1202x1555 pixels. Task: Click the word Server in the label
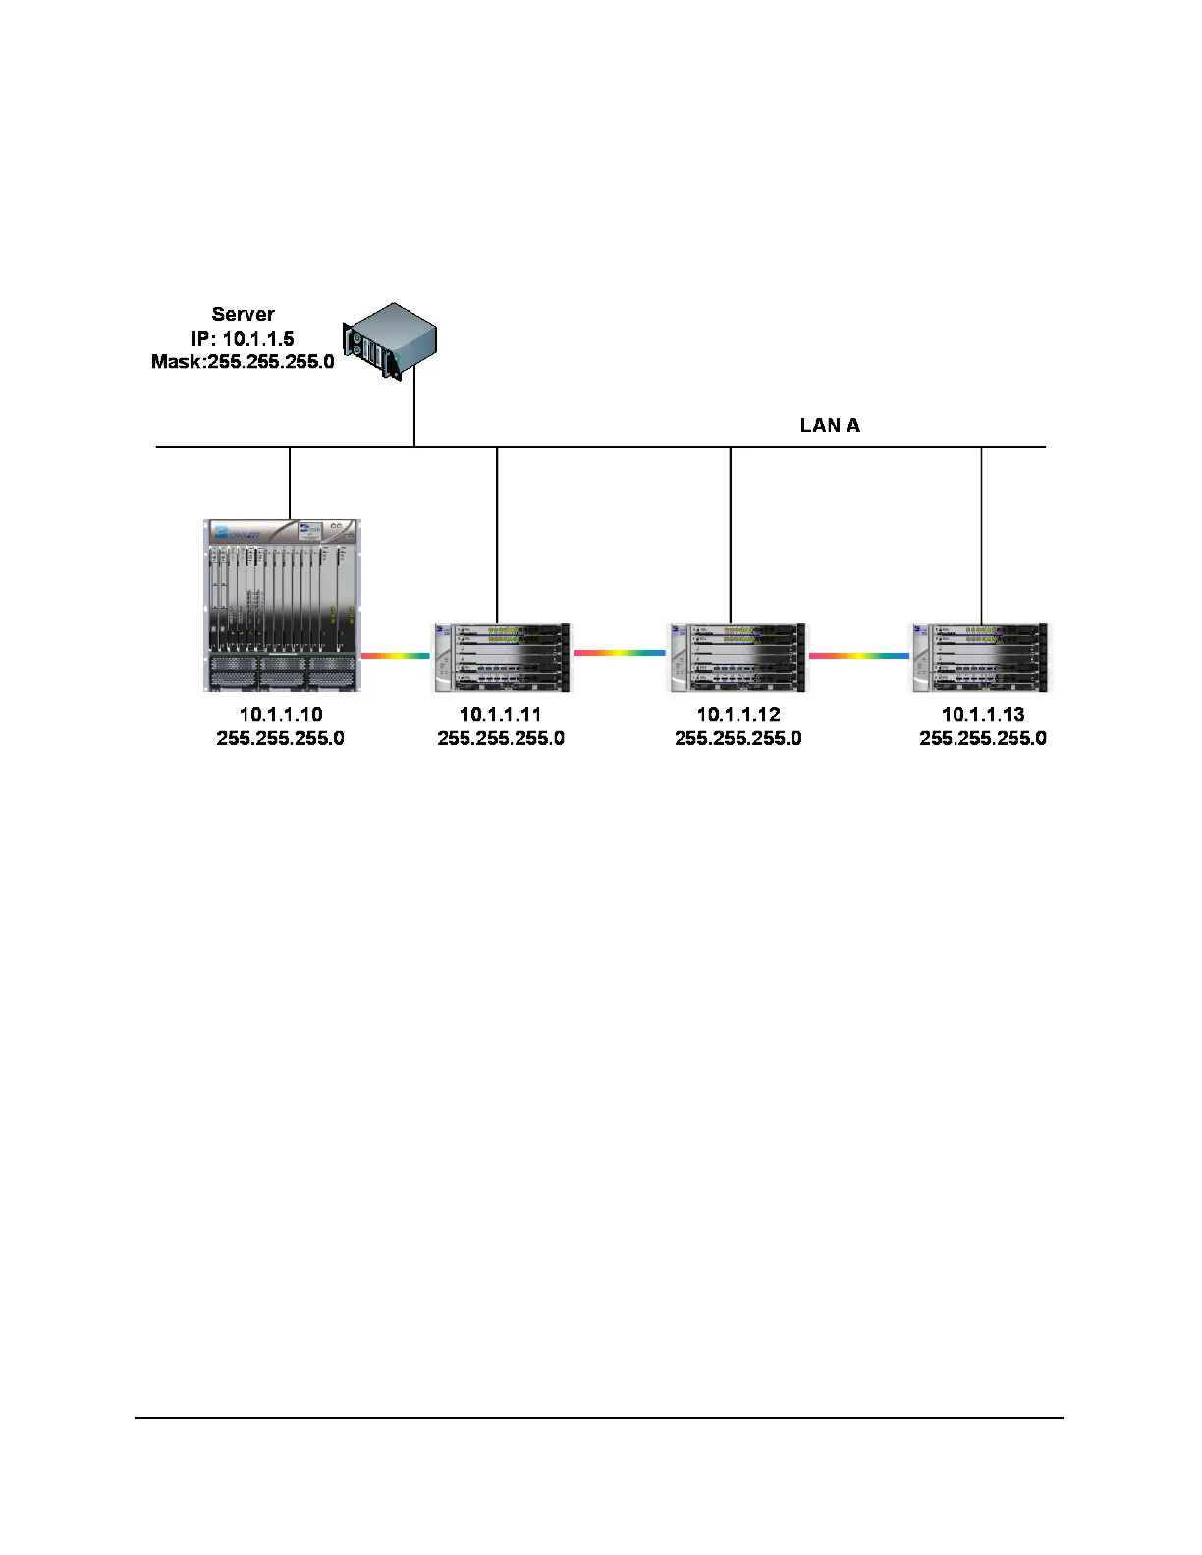coord(243,314)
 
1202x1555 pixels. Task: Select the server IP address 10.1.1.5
coord(257,339)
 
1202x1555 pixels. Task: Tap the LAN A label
coord(830,425)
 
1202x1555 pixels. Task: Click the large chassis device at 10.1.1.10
coord(282,605)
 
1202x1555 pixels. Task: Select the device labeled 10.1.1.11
coord(501,657)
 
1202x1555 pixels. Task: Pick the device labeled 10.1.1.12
coord(737,657)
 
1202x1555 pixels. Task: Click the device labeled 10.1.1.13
coord(980,657)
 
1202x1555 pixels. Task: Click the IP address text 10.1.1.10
coord(281,715)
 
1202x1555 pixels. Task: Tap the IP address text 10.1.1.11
coord(500,715)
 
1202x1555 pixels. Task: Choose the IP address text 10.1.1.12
coord(738,715)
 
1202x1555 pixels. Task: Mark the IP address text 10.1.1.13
coord(983,715)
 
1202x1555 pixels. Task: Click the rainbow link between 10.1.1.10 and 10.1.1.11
coord(395,655)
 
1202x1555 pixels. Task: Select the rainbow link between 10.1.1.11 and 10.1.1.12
coord(619,652)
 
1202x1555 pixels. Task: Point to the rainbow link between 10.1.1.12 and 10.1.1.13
coord(858,655)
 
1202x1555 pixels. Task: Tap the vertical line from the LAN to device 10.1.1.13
coord(982,535)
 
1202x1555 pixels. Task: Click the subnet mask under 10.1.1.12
coord(738,738)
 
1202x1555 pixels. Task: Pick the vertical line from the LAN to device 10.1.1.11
coord(497,535)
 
